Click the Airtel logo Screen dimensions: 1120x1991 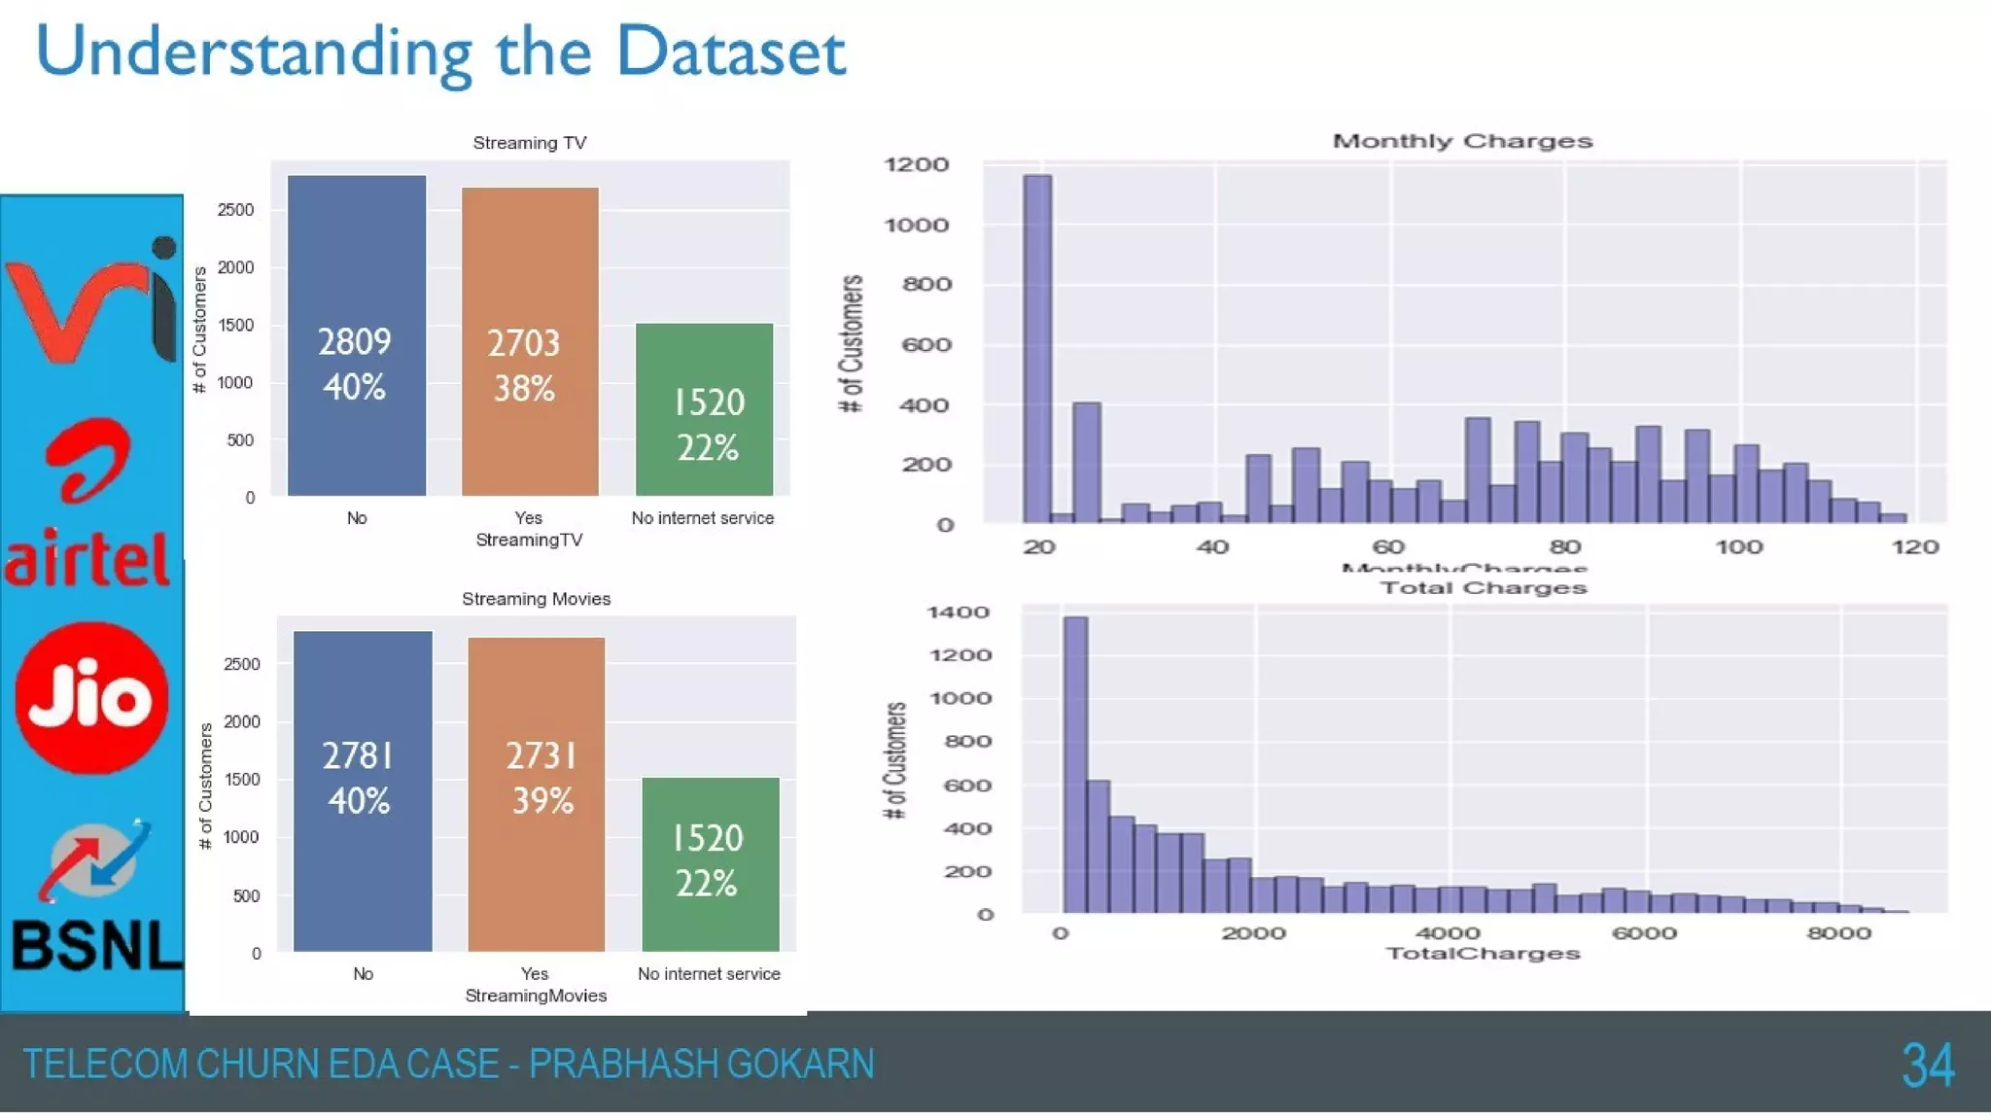[x=89, y=506]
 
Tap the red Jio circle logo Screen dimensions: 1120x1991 [x=91, y=697]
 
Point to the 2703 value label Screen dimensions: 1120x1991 [x=524, y=343]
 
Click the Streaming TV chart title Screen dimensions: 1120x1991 [x=530, y=143]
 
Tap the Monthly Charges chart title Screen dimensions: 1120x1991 [x=1462, y=141]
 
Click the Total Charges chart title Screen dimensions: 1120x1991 [x=1484, y=587]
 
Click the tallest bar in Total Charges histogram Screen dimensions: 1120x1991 [x=1075, y=764]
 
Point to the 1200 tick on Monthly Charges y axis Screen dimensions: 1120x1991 [x=916, y=164]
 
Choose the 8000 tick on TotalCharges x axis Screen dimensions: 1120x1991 [x=1839, y=933]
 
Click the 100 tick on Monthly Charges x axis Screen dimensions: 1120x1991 [x=1739, y=547]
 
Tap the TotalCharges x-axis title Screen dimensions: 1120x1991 [x=1483, y=954]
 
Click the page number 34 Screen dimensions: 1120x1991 [x=1928, y=1066]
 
